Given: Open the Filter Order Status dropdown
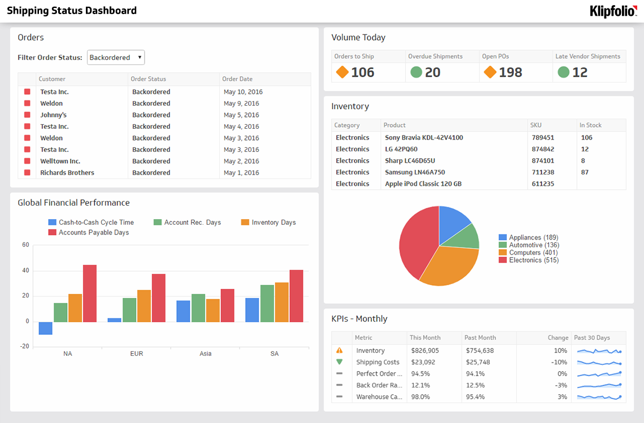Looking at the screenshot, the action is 116,58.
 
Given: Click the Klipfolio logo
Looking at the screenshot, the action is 613,11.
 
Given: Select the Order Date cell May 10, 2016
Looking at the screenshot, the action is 243,92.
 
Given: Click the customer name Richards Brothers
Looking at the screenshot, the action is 67,173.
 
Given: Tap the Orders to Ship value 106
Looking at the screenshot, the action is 363,72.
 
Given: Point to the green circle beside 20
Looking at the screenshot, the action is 416,72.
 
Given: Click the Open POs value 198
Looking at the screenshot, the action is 511,72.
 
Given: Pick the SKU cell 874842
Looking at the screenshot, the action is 543,149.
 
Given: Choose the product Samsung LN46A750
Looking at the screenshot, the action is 415,172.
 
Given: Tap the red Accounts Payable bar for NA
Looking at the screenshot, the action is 89,293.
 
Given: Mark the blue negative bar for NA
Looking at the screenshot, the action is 46,328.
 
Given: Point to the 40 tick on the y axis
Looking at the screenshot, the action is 26,271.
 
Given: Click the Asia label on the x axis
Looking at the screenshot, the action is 206,354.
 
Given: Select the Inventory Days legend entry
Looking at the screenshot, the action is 268,223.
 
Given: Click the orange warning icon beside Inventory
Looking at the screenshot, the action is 340,350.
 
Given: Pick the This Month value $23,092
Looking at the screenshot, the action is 423,362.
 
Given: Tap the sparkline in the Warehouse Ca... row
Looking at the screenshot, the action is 599,396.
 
